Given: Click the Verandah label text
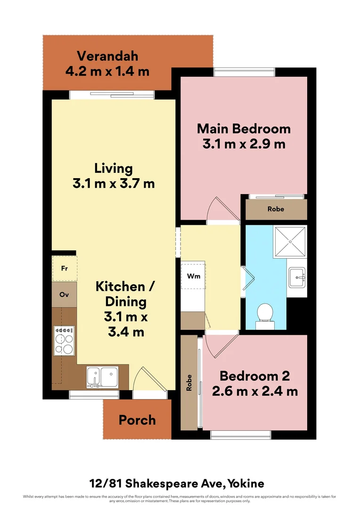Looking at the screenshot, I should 107,56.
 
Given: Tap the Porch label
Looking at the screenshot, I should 137,419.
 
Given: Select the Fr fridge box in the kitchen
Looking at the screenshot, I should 64,269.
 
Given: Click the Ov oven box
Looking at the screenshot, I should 64,295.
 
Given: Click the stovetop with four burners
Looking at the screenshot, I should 64,340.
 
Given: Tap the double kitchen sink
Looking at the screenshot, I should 102,377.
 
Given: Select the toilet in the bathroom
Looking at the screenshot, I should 265,315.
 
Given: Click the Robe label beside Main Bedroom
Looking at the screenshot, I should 276,209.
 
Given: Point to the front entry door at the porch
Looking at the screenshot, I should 147,379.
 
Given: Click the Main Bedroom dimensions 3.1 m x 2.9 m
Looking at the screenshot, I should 244,144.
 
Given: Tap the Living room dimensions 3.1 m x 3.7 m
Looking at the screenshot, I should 114,184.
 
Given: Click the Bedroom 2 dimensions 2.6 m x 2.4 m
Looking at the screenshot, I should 254,391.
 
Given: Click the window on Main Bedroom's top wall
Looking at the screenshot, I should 244,72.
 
